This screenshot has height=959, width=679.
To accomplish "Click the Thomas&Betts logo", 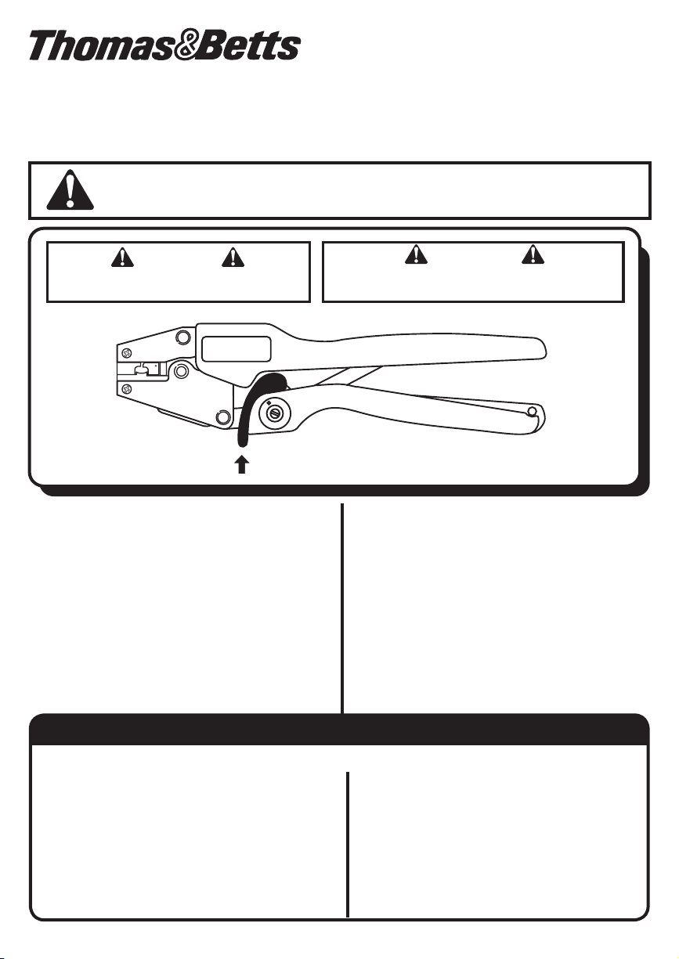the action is coord(165,45).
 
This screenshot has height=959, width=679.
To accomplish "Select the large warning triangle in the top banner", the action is coord(70,190).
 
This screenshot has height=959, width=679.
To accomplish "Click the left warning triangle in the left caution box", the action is coord(122,258).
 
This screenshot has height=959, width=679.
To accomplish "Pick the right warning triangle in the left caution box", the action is coord(233,258).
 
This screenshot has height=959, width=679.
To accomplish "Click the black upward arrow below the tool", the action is coord(242,464).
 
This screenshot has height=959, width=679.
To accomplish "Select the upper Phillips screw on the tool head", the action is coord(126,353).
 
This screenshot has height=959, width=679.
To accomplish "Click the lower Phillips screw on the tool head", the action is coord(126,389).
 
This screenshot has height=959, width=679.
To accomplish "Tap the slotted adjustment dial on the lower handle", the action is coord(276,413).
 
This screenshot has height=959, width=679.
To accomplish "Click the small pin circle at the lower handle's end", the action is coord(532,412).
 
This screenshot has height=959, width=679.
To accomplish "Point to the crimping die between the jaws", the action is coord(148,370).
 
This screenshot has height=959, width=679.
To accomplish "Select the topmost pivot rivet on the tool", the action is coord(182,337).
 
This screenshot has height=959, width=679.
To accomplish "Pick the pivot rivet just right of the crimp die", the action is coord(181,371).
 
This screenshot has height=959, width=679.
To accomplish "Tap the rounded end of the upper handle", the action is coord(540,349).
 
